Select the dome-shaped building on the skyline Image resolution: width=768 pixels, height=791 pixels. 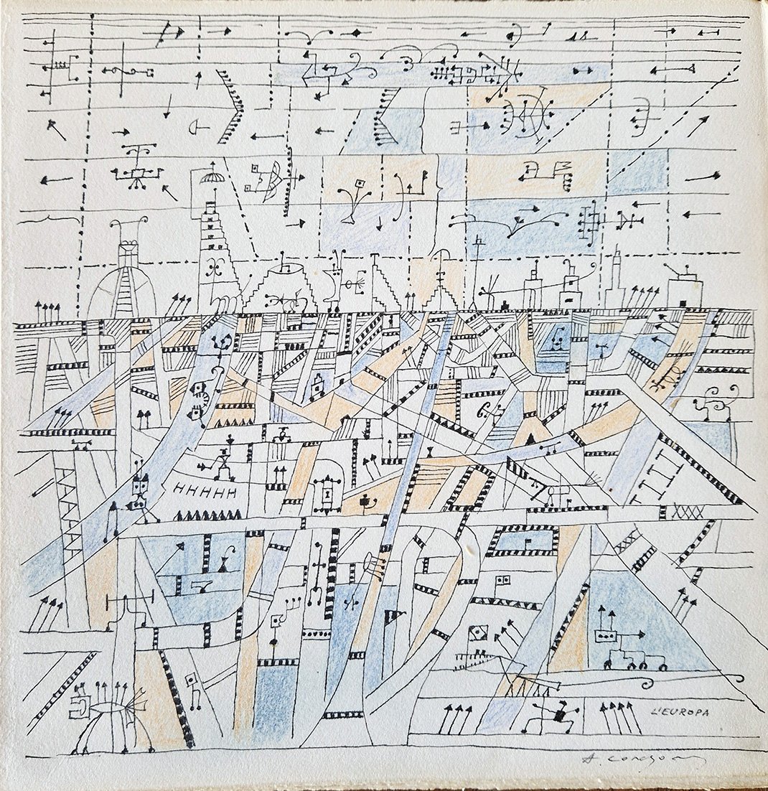point(127,281)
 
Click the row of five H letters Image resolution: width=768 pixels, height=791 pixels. point(205,492)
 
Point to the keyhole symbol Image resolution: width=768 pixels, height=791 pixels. point(328,495)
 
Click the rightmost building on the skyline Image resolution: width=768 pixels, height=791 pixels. point(684,289)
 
